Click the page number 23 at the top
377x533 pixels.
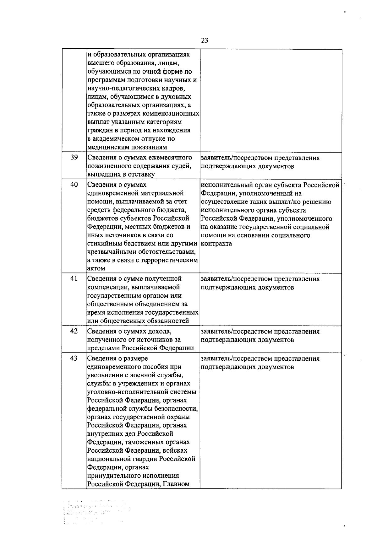[x=205, y=40]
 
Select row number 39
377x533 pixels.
[x=74, y=157]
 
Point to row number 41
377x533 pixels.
[x=74, y=278]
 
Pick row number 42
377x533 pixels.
[x=74, y=331]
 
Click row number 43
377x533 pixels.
[x=74, y=358]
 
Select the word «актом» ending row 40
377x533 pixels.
[x=96, y=269]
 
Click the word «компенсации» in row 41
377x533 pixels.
[x=107, y=287]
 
